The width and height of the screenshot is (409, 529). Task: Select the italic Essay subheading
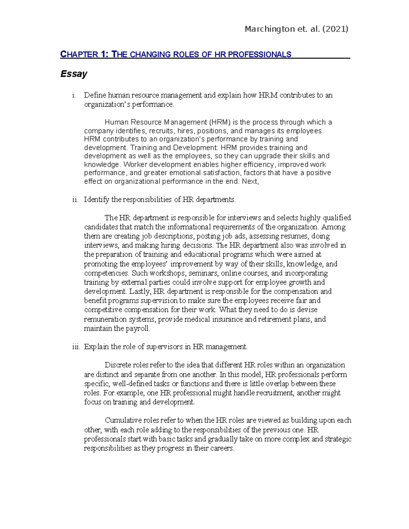point(74,74)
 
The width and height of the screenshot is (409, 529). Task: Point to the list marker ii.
point(75,200)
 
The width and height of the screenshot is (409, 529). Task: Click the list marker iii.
point(76,347)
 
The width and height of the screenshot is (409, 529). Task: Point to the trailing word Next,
point(250,181)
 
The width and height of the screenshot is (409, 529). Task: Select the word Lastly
point(140,291)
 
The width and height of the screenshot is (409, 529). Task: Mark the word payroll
point(138,328)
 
